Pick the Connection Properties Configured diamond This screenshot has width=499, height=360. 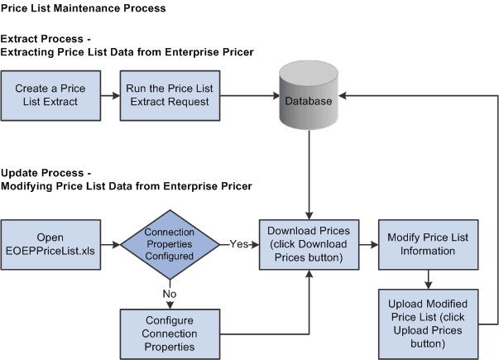click(x=168, y=243)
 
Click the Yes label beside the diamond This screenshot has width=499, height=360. click(x=238, y=243)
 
